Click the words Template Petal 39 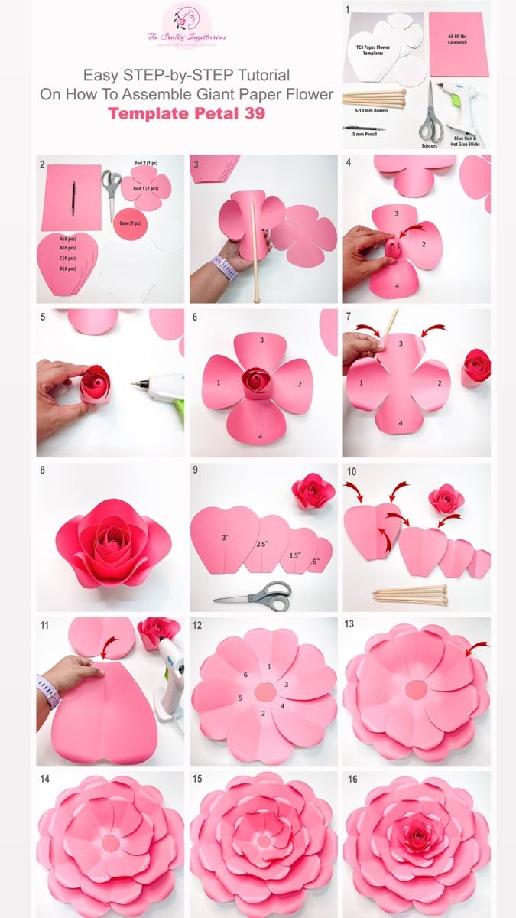click(186, 114)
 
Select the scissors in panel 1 click(430, 115)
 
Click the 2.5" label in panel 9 click(262, 544)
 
